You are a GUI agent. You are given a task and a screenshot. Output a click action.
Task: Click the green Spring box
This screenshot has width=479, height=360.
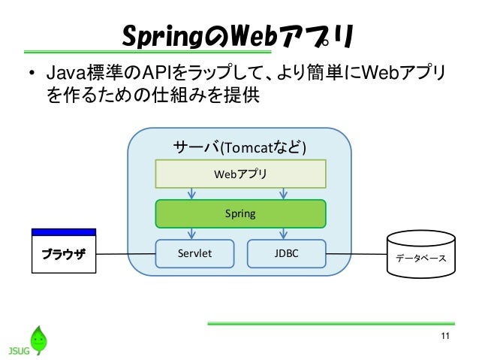[x=240, y=213]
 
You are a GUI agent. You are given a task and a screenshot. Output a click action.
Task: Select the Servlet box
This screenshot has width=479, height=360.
[x=194, y=253]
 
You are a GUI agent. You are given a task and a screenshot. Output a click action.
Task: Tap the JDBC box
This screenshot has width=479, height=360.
[x=286, y=253]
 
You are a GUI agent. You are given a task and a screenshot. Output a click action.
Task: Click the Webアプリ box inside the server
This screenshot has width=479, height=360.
[x=240, y=174]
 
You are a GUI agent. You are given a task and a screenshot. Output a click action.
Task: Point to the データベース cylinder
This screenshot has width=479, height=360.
[x=421, y=254]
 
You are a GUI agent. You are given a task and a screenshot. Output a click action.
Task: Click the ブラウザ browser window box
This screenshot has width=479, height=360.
[x=64, y=251]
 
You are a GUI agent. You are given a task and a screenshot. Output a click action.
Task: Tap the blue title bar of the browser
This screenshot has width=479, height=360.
[x=64, y=232]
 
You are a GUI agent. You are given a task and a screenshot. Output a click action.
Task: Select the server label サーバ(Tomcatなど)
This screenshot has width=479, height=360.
[x=239, y=147]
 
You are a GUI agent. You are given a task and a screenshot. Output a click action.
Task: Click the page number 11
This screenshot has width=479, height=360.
[x=445, y=336]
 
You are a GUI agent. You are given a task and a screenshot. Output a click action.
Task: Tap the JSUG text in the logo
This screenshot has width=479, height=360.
[x=19, y=350]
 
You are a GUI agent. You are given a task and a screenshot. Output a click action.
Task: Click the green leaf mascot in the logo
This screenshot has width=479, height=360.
[x=38, y=340]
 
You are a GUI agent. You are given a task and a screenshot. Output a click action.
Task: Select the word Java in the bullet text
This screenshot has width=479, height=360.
[x=66, y=74]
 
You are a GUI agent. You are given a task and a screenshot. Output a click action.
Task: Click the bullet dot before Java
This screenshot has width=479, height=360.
[x=32, y=74]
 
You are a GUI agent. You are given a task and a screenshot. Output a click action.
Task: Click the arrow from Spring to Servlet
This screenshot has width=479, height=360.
[x=191, y=234]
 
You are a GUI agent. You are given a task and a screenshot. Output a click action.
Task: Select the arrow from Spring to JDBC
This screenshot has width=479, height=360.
[x=283, y=234]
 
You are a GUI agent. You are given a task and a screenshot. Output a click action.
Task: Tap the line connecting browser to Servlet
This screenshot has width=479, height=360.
[x=126, y=254]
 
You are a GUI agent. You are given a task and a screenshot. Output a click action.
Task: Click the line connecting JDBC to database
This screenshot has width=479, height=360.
[x=357, y=254]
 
